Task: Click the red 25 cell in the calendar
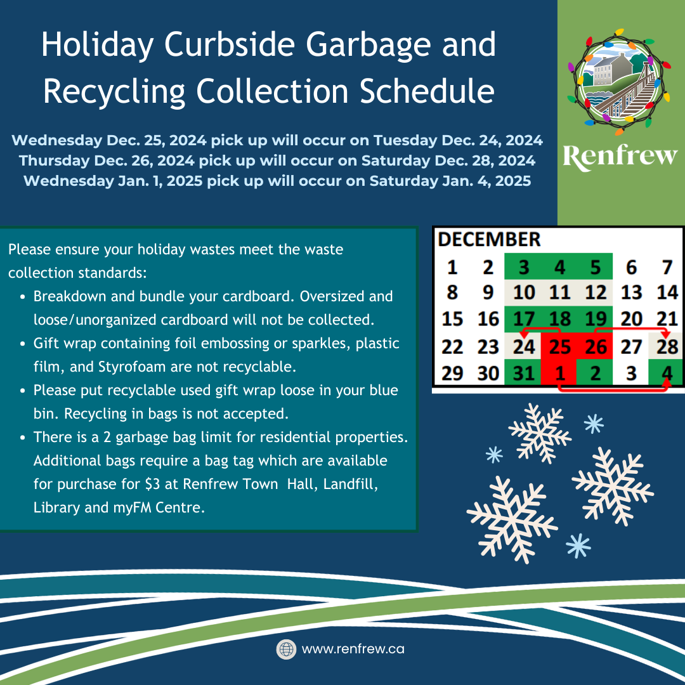click(x=559, y=347)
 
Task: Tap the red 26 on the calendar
click(x=594, y=347)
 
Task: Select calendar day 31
click(x=523, y=373)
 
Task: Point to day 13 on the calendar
click(x=631, y=292)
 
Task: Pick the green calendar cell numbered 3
click(x=523, y=267)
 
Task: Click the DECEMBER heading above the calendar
click(x=489, y=239)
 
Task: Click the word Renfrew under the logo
click(x=620, y=157)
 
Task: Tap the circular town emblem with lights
click(x=618, y=82)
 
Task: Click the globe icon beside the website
click(x=286, y=649)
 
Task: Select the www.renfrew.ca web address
click(x=353, y=649)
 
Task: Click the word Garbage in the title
click(x=368, y=46)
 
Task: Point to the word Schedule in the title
click(x=427, y=91)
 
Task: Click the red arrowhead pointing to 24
click(x=524, y=334)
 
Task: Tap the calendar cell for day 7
click(x=667, y=267)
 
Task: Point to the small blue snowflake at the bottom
click(x=578, y=545)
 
